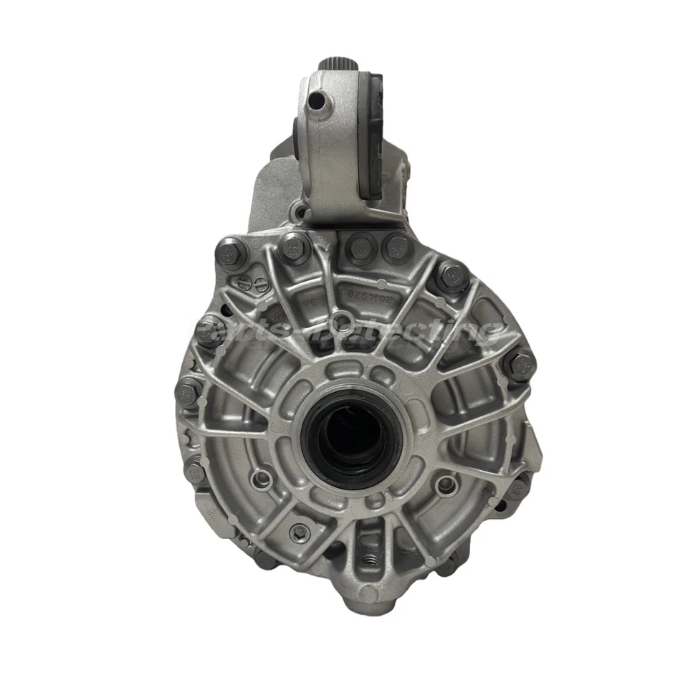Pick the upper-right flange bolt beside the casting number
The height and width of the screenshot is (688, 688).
click(x=451, y=275)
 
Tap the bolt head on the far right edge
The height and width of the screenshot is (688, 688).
click(x=519, y=363)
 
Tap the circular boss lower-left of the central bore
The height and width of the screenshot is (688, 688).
click(x=262, y=479)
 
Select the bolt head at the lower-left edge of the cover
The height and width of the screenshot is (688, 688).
click(x=195, y=471)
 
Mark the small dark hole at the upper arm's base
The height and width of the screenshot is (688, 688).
click(x=302, y=212)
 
